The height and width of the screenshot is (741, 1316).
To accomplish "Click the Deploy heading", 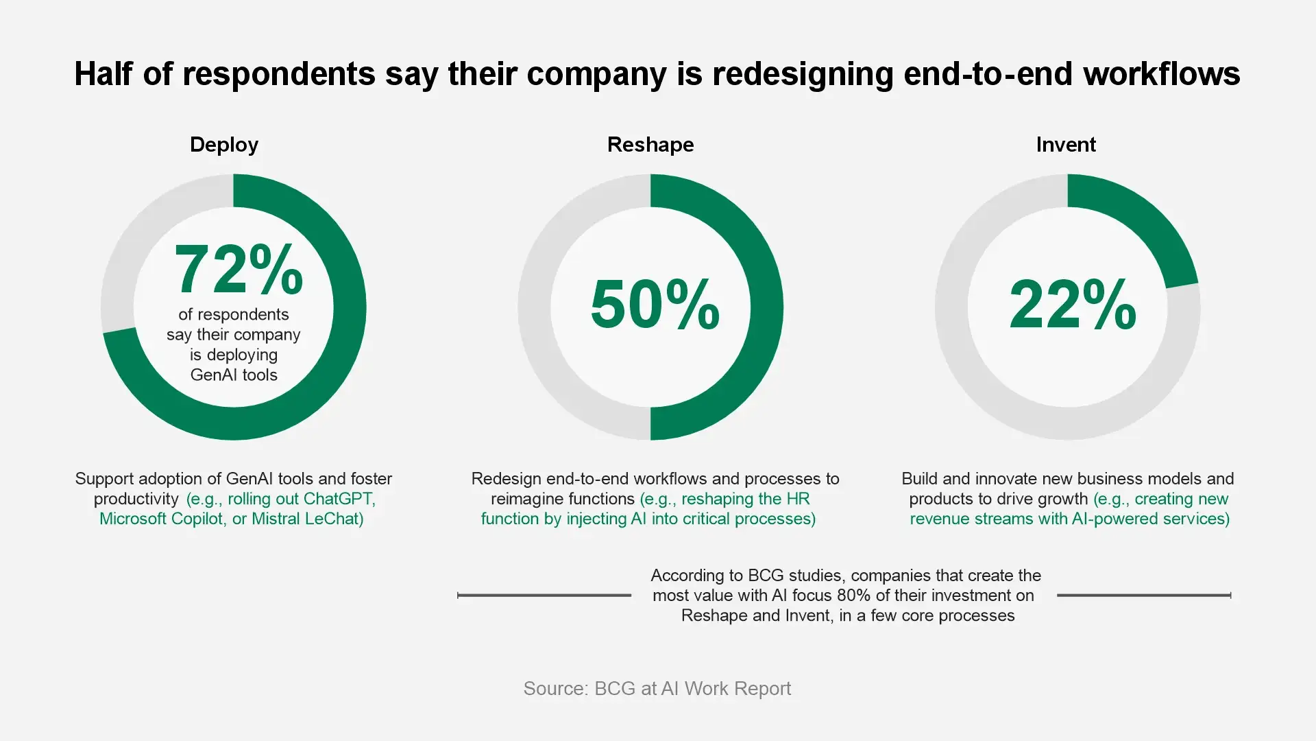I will coord(224,145).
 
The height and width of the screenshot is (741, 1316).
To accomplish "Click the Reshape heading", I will coord(650,145).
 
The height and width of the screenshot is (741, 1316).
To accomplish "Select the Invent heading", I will coord(1066,145).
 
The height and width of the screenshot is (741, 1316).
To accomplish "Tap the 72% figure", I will coord(239,270).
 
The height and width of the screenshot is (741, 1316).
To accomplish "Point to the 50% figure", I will coord(655,305).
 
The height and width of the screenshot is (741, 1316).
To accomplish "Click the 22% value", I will coord(1072,305).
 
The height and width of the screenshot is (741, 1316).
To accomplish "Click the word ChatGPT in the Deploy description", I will coord(339,499).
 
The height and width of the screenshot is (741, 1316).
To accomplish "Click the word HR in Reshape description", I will coord(799,499).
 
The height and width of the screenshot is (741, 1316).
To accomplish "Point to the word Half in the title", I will coord(103,73).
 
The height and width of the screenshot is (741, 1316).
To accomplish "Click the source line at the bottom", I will coord(657,688).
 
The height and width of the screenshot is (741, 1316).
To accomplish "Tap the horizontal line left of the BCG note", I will coord(544,596).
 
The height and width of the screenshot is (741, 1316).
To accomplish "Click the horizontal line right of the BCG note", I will coord(1143,596).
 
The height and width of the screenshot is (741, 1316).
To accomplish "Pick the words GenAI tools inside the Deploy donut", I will coord(234,375).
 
